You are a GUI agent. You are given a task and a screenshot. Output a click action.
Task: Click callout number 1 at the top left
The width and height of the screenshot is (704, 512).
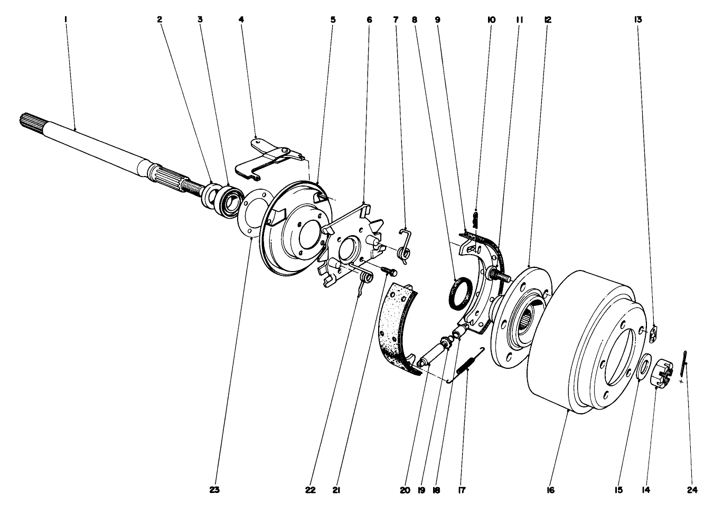click(x=65, y=20)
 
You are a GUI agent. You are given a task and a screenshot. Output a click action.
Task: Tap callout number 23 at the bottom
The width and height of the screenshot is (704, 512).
click(x=214, y=490)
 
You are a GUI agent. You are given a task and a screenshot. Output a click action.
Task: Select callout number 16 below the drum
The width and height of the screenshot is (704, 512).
click(x=550, y=490)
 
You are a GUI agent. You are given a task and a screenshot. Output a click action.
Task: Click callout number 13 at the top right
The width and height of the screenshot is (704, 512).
click(x=638, y=20)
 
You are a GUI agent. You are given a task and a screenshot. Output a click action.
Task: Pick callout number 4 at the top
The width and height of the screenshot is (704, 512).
click(x=241, y=20)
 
